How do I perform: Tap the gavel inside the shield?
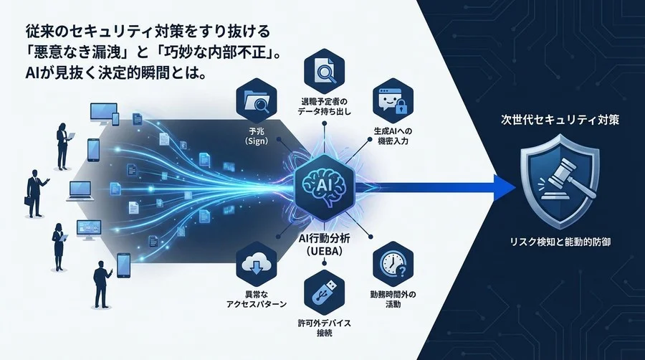tap(565, 180)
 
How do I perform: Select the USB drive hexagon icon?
tap(324, 293)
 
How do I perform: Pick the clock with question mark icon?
tap(393, 264)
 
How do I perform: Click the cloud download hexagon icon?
tap(257, 264)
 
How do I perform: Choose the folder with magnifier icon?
tap(257, 101)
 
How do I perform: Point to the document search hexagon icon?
tap(324, 71)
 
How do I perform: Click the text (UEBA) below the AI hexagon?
tap(325, 251)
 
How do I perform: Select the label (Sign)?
tap(257, 141)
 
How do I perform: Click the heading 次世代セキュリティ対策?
tap(560, 120)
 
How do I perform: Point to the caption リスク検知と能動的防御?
tap(560, 242)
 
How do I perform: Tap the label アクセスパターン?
tap(257, 305)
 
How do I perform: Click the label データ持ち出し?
tap(324, 111)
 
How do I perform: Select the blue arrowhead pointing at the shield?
tap(505, 188)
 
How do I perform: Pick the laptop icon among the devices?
tap(80, 191)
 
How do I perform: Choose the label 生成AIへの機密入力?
tap(393, 136)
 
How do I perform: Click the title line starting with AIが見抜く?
tap(115, 73)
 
